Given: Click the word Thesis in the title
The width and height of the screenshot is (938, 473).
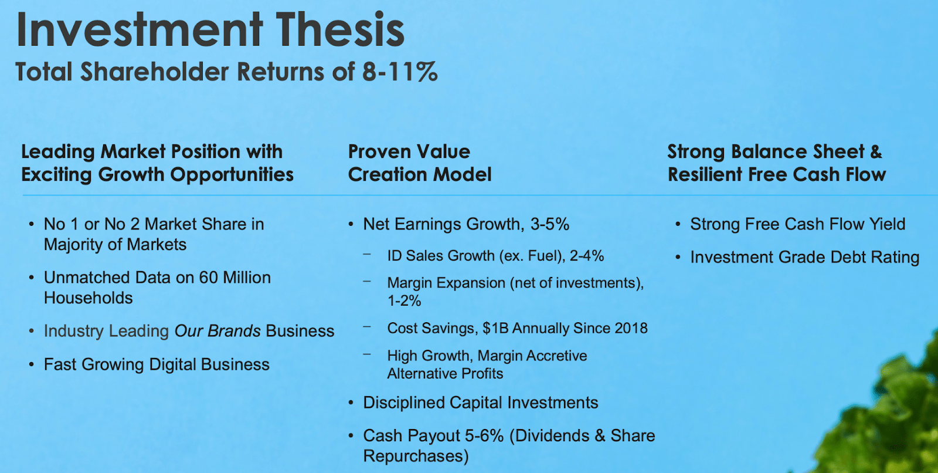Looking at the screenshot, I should tap(340, 31).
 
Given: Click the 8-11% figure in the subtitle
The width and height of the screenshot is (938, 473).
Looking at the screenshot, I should tap(400, 72).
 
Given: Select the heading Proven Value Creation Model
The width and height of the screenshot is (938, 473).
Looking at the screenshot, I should tap(419, 163).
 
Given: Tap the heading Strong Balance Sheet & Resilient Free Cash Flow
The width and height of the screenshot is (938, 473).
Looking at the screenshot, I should tap(776, 163).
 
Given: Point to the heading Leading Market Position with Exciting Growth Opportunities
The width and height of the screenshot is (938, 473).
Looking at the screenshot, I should tap(157, 163).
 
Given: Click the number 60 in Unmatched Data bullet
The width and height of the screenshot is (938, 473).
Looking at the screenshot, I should tap(208, 278).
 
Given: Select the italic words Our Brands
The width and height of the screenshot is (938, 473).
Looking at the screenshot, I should tap(217, 331).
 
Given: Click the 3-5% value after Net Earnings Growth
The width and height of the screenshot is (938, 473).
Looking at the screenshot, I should tap(550, 224).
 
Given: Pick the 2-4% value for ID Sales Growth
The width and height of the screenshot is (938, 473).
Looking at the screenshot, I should tap(587, 256).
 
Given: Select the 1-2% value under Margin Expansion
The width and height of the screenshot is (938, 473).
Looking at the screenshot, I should tap(404, 301).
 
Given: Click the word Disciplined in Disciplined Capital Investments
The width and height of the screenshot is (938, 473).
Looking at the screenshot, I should tap(404, 403).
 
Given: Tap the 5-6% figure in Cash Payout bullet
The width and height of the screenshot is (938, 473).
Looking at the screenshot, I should tap(484, 435).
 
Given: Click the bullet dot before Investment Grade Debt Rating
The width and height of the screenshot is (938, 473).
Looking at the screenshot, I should tap(678, 258).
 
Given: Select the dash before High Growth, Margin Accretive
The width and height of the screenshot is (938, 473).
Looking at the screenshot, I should tap(368, 354).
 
